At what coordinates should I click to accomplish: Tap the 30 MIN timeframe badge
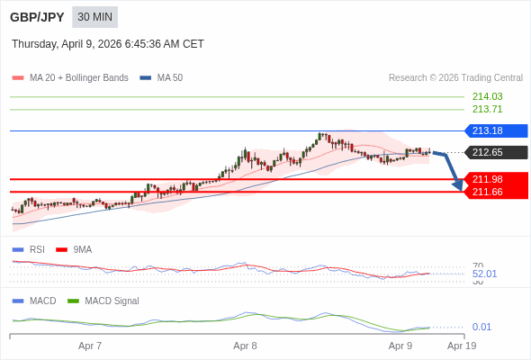[x=94, y=17]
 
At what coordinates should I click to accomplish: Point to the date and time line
[x=108, y=44]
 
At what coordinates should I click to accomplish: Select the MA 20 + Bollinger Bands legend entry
[x=78, y=78]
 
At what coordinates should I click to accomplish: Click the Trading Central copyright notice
[x=455, y=78]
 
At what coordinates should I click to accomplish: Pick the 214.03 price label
[x=487, y=96]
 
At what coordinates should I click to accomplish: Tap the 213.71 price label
[x=487, y=109]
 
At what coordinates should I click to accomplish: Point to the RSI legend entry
[x=36, y=249]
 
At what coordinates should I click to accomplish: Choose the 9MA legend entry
[x=82, y=249]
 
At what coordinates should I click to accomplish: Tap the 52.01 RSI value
[x=484, y=274]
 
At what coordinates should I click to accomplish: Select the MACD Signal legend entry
[x=112, y=301]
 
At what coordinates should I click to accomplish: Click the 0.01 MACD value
[x=481, y=327]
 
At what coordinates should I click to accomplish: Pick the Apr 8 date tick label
[x=245, y=346]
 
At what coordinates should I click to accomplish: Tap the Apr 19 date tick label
[x=462, y=346]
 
